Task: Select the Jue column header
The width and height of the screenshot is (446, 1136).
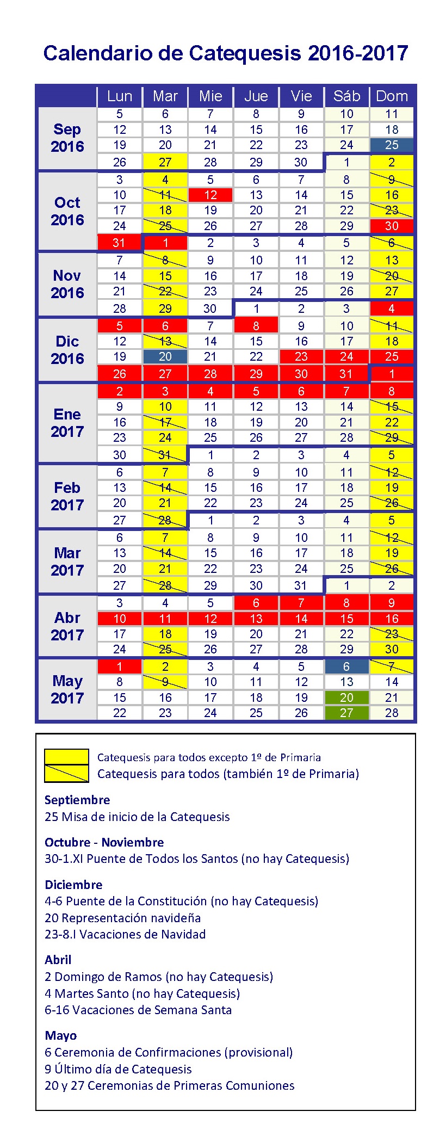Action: pyautogui.click(x=256, y=96)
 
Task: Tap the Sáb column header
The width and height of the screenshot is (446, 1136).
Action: pyautogui.click(x=346, y=96)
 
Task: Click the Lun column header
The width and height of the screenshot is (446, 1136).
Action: pyautogui.click(x=120, y=96)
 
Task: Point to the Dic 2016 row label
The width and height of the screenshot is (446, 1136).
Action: pyautogui.click(x=67, y=350)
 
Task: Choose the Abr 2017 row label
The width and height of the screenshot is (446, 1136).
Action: pyautogui.click(x=67, y=626)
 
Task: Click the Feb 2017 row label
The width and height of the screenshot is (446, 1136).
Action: pyautogui.click(x=67, y=496)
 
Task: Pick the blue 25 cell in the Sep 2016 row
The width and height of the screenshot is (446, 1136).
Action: pyautogui.click(x=392, y=145)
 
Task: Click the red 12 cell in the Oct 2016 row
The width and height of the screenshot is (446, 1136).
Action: pyautogui.click(x=210, y=195)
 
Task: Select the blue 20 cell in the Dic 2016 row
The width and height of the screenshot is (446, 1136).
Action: pyautogui.click(x=165, y=356)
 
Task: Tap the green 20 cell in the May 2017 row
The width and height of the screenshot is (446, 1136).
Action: pyautogui.click(x=346, y=697)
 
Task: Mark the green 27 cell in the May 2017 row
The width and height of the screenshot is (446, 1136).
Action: pyautogui.click(x=346, y=713)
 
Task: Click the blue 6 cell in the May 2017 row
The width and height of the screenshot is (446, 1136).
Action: pyautogui.click(x=346, y=666)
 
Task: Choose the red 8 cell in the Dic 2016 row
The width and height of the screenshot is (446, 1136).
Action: pyautogui.click(x=256, y=326)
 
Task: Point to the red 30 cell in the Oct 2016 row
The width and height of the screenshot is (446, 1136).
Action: pyautogui.click(x=392, y=226)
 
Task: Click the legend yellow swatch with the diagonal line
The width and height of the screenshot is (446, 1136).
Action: pyautogui.click(x=66, y=774)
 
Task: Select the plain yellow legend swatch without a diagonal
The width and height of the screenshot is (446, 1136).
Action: pyautogui.click(x=66, y=757)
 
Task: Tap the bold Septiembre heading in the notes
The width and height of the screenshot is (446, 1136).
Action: pyautogui.click(x=77, y=800)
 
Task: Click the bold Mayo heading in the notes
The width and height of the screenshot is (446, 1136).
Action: pyautogui.click(x=60, y=1035)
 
